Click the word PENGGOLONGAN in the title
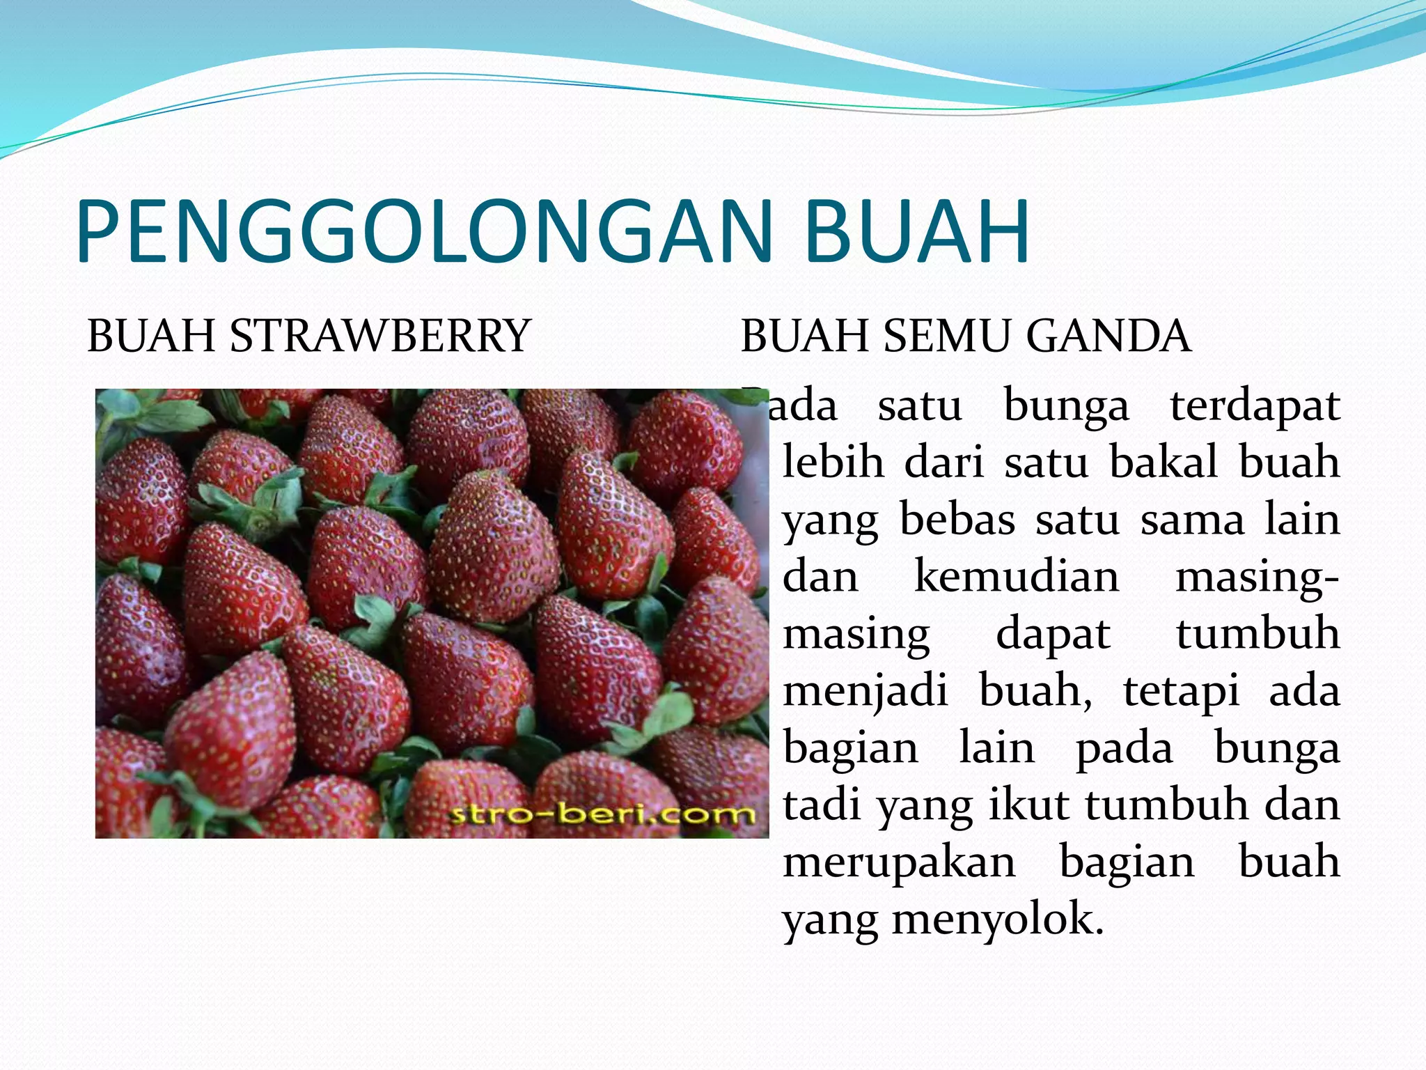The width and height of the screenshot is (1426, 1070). point(425,231)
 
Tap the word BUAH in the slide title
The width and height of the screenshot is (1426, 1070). point(917,231)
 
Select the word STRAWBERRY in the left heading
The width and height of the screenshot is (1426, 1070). point(380,336)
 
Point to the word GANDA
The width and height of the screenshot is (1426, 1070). point(1108,336)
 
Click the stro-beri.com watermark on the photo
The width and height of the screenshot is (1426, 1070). point(602,814)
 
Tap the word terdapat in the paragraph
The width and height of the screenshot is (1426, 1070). point(1255,405)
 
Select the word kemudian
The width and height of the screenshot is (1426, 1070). point(1017,577)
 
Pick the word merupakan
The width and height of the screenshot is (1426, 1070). point(899,862)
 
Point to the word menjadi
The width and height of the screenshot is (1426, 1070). point(865,691)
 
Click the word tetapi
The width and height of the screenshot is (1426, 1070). point(1182,691)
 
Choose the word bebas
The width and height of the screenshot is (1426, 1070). point(957,520)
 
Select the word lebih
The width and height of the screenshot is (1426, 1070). point(833,463)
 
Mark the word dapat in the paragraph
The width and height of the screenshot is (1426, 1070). point(1053,634)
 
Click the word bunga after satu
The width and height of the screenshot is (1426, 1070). point(1066,405)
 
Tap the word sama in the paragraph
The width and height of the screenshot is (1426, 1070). point(1192,520)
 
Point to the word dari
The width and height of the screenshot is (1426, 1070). point(944,463)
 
